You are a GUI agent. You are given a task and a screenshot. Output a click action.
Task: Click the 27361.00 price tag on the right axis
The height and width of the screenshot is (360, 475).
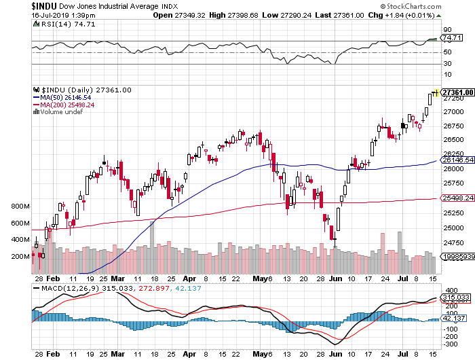pos(457,92)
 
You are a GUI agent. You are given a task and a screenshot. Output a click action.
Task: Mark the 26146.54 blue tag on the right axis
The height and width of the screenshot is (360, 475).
pos(457,160)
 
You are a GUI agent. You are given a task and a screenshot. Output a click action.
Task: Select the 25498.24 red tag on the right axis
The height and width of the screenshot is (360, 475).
pos(457,198)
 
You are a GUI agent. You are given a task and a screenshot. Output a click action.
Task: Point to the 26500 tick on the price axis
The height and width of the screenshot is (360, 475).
pos(452,141)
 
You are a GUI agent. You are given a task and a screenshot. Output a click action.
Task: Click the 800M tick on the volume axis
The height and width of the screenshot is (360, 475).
pos(20,206)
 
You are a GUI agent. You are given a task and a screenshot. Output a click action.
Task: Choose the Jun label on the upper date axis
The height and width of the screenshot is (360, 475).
pos(335,277)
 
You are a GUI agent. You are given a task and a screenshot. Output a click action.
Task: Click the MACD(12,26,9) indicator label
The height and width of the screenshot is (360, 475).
pos(62,289)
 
